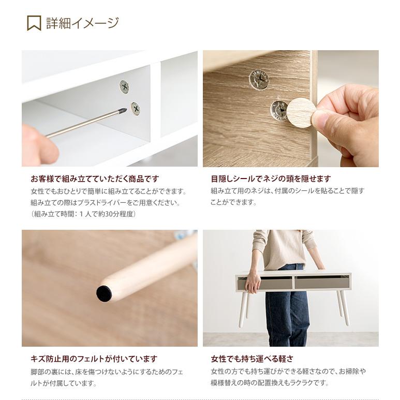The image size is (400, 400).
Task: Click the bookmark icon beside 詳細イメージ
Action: (x=34, y=23)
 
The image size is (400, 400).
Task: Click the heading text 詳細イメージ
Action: (x=82, y=23)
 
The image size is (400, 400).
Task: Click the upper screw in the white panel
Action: (x=124, y=86)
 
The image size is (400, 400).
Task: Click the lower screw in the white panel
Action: (x=135, y=109)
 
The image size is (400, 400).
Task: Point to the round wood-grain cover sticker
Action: (x=301, y=112)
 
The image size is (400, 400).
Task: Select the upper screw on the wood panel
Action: (x=259, y=80)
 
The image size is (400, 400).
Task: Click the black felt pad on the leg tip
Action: (x=104, y=293)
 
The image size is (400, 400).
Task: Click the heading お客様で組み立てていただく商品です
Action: (x=95, y=179)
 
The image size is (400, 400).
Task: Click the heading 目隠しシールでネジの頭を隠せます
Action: (x=271, y=179)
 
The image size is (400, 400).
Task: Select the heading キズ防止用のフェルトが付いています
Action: (x=94, y=359)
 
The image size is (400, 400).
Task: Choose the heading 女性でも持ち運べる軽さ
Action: (x=252, y=359)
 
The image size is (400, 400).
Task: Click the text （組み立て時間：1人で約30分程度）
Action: (x=83, y=214)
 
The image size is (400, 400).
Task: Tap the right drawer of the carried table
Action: (x=321, y=282)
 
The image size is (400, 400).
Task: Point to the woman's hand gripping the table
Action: (x=253, y=282)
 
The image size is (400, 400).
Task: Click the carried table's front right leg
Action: (x=344, y=308)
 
